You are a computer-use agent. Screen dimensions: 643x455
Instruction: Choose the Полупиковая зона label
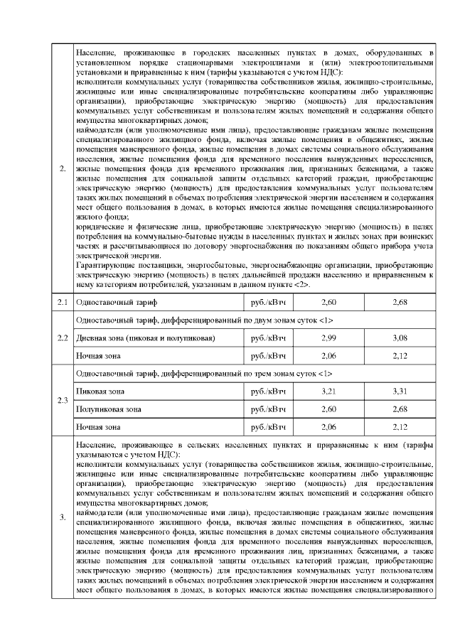108,409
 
